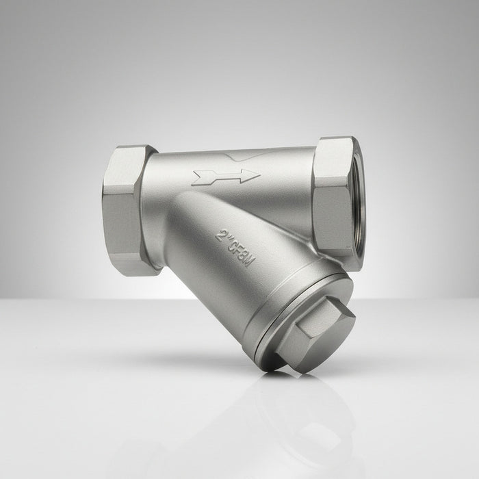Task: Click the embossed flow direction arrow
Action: [226, 177]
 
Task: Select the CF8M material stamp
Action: [242, 254]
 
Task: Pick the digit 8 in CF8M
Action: [244, 255]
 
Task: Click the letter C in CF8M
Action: [233, 246]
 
